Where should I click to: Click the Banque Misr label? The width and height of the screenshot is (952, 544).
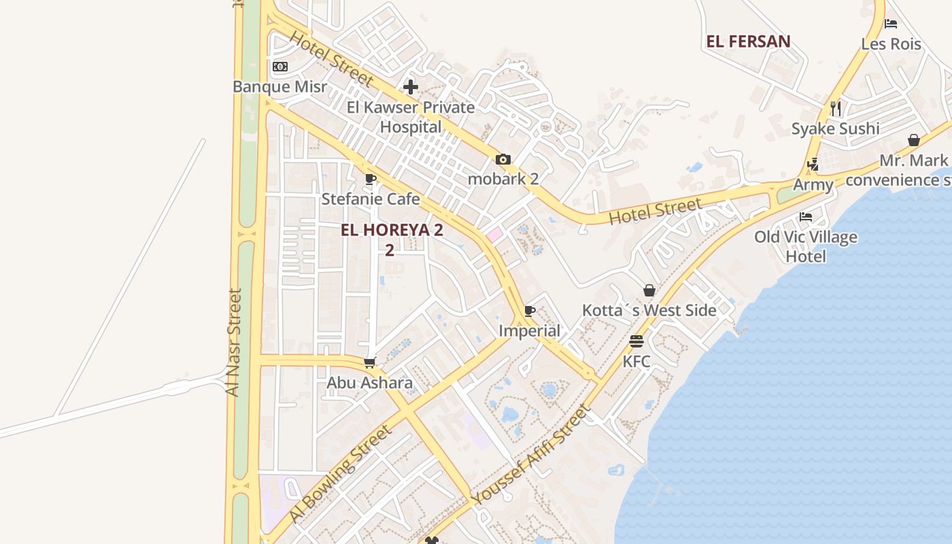(279, 87)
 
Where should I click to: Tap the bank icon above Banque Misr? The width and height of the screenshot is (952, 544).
(280, 67)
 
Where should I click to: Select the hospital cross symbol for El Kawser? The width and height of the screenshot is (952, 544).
(411, 87)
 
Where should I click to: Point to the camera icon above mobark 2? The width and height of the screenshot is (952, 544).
(503, 160)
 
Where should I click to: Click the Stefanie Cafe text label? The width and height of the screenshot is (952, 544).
(371, 199)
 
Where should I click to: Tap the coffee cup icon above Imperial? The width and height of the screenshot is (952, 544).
(530, 311)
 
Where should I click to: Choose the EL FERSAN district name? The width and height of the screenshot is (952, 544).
(748, 41)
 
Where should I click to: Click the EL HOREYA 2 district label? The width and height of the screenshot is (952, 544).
(392, 230)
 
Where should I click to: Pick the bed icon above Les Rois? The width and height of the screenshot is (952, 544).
(891, 24)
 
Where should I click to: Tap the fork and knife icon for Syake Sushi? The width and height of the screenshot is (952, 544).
(836, 109)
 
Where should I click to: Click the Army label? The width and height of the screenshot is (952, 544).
(813, 185)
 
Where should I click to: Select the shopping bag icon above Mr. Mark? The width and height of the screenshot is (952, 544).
(914, 141)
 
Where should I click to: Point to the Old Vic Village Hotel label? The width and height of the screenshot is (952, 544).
(806, 247)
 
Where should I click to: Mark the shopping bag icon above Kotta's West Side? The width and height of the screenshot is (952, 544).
(649, 290)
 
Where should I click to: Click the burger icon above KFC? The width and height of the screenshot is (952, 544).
(636, 341)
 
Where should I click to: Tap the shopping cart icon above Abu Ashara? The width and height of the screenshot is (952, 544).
(370, 363)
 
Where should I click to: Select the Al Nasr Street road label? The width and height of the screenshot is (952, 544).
(233, 343)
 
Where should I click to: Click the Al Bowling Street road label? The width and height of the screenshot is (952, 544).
(340, 474)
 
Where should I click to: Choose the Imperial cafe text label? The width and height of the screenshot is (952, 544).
(530, 331)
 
